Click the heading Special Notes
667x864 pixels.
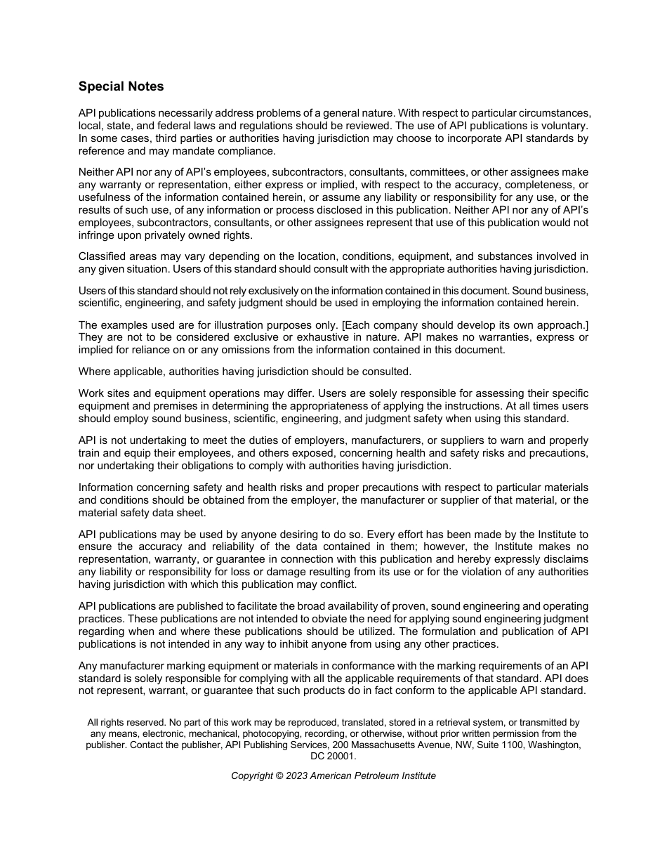[x=121, y=86]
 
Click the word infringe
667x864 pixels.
[x=98, y=235]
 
